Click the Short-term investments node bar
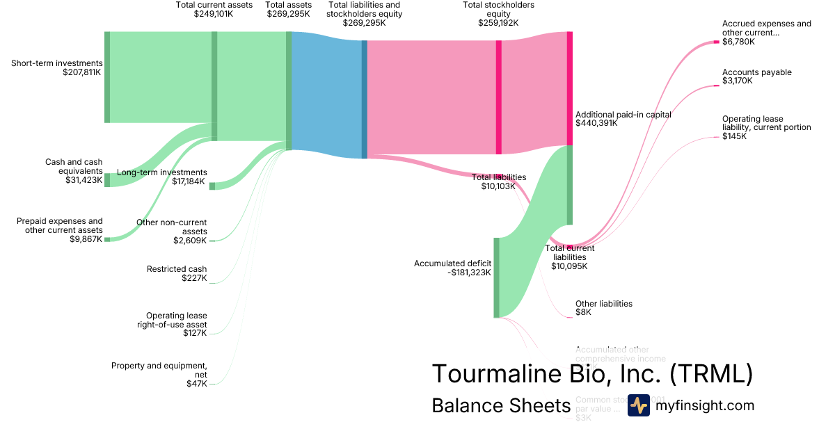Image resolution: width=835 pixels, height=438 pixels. (x=107, y=76)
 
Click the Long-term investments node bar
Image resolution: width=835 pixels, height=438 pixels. (x=212, y=186)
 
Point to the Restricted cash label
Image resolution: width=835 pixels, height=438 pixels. (x=177, y=269)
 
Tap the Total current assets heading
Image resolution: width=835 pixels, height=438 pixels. (x=214, y=5)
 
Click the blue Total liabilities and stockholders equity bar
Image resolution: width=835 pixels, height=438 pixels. (x=364, y=99)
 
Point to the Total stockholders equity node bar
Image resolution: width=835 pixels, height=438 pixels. (x=498, y=97)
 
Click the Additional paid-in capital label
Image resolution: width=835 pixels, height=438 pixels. (x=623, y=115)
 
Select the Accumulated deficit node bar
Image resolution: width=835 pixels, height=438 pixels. (x=496, y=277)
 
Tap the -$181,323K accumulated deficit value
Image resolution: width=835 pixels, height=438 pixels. (x=470, y=273)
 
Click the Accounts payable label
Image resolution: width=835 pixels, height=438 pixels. (x=756, y=72)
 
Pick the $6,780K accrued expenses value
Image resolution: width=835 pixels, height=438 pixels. (x=738, y=42)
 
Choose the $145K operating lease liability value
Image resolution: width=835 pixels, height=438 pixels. (x=734, y=136)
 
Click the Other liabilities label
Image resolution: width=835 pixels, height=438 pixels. (x=603, y=304)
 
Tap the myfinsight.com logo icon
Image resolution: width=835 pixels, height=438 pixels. (x=639, y=405)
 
